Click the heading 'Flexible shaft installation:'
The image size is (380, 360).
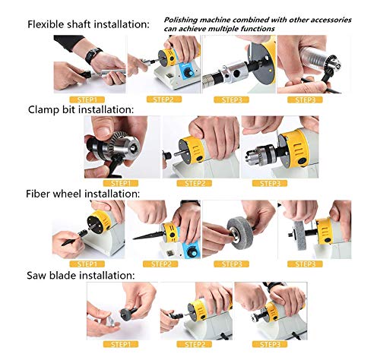(x=88, y=24)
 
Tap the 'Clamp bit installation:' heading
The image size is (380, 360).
(x=81, y=110)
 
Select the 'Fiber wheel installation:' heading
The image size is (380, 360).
(x=83, y=194)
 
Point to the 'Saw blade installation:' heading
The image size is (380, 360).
(x=81, y=275)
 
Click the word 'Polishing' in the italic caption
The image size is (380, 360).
(x=181, y=20)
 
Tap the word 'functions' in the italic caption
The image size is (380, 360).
(x=258, y=29)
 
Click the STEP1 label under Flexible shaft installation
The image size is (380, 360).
(x=87, y=99)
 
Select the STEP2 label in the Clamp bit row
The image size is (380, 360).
(x=194, y=183)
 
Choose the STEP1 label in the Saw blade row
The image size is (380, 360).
(x=121, y=344)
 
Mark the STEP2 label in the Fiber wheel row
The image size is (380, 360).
(x=160, y=264)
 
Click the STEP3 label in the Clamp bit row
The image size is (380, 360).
(x=270, y=183)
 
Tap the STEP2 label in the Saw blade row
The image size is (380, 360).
(x=194, y=344)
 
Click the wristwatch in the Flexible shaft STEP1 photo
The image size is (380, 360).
(x=93, y=55)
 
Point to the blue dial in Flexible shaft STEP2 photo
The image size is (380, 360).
(x=188, y=73)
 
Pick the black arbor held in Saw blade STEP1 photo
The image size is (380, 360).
(x=128, y=313)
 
